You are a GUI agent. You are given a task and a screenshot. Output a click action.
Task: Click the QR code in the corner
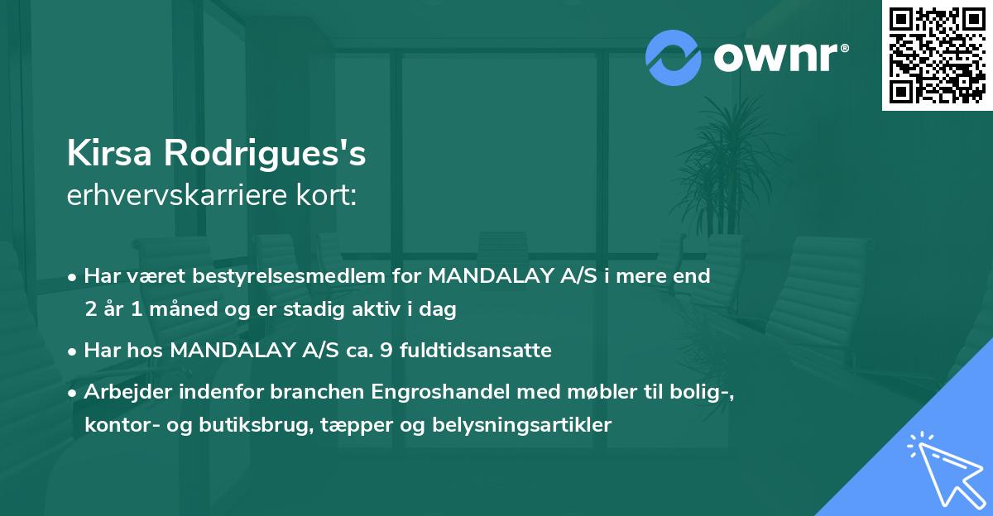tap(937, 55)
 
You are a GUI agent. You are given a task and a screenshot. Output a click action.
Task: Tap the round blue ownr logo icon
tap(674, 57)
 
